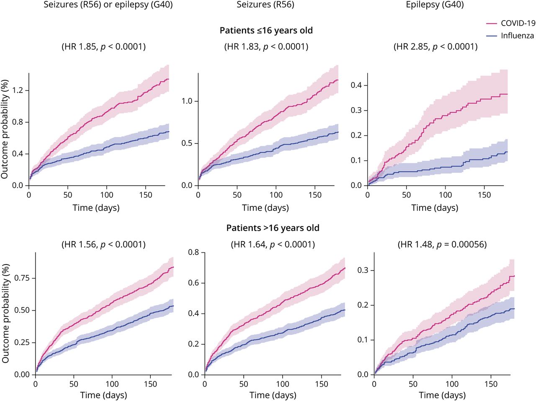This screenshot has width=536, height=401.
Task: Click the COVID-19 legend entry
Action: (518, 23)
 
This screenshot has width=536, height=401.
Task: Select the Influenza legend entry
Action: (517, 36)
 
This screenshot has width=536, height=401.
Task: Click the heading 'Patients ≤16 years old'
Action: (266, 31)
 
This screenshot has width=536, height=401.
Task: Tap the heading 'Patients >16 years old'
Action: (273, 228)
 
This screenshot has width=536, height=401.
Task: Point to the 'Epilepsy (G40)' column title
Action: (435, 5)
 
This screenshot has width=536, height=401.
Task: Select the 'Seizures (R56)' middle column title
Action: (265, 5)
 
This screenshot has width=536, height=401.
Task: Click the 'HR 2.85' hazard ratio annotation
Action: (435, 46)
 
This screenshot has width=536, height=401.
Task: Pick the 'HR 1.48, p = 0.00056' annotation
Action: (442, 244)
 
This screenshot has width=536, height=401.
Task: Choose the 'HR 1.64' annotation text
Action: (273, 244)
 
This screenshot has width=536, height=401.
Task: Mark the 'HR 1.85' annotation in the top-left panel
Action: (104, 46)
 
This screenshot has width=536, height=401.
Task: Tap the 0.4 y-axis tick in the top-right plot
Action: (356, 85)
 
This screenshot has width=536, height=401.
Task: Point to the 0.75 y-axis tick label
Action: (22, 278)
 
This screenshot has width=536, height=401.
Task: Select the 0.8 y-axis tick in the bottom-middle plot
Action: (194, 252)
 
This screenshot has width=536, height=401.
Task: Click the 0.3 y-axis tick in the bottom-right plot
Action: (363, 270)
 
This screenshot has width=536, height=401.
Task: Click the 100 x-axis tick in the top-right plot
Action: (446, 195)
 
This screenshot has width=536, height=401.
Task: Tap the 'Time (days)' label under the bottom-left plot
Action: (103, 395)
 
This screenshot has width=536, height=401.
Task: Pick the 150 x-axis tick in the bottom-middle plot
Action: (322, 384)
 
